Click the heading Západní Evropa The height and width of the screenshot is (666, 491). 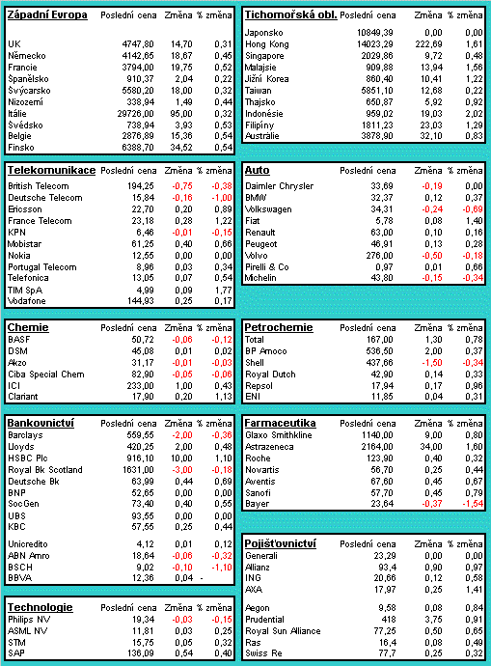pos(47,15)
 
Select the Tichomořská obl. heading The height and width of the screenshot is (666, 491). pos(290,15)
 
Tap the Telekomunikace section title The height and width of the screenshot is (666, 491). pos(51,170)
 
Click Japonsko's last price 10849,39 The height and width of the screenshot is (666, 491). pos(374,33)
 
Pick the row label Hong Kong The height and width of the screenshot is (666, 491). pos(267,44)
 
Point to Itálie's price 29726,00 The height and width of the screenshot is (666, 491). pos(135,114)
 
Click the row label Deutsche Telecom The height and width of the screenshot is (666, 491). pos(45,198)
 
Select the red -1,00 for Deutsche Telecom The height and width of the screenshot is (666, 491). pos(222,198)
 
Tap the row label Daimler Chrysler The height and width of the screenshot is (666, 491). pos(279,186)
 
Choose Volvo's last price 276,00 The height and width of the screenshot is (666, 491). pos(379,256)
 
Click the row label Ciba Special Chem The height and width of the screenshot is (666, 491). pos(46,375)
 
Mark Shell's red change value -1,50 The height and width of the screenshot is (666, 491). pos(431,363)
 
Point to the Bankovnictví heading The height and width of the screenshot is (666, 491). pos(41,423)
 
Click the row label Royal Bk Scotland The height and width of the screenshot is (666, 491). pos(45,470)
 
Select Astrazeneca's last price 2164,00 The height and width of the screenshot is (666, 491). pos(377,447)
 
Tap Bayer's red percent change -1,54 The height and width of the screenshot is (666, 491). pos(473,504)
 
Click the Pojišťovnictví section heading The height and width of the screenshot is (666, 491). pos(281,543)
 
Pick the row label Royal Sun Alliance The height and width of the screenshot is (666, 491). pos(283,631)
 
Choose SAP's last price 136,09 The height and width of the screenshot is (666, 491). pos(141,653)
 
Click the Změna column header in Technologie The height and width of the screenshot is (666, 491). pos(178,608)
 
